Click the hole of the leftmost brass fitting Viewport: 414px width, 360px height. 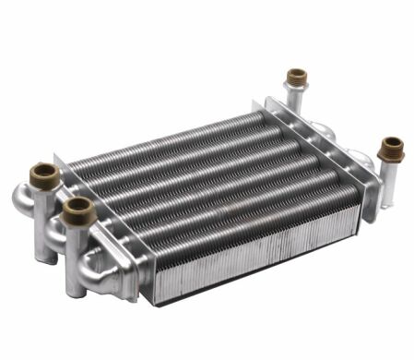tap(44, 171)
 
